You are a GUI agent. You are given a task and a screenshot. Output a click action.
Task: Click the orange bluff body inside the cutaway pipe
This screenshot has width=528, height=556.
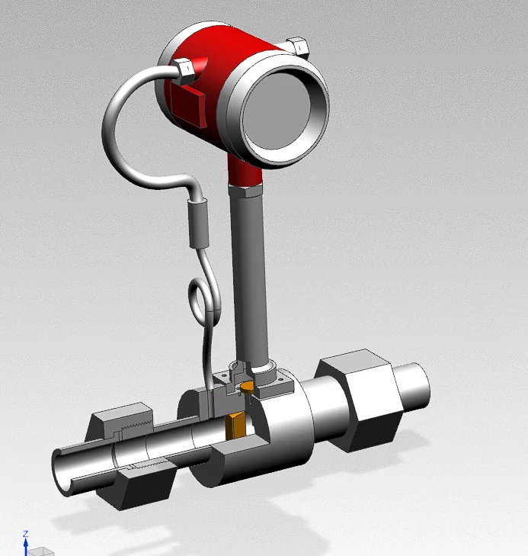point(235,425)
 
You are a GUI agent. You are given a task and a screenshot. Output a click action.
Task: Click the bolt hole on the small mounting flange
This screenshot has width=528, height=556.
point(280,378)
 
